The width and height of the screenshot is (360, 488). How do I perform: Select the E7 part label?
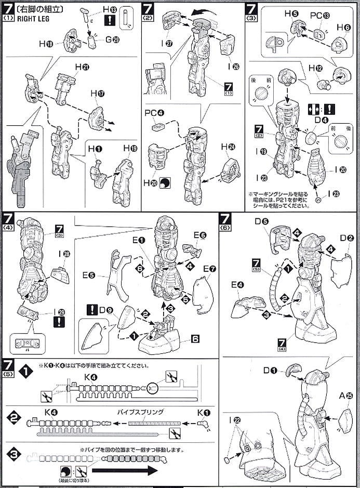(x=210, y=269)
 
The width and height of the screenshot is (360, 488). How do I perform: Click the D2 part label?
(x=347, y=238)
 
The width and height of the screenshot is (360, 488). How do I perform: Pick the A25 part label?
(x=349, y=395)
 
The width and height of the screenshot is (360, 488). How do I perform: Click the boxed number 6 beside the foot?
(x=195, y=338)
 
